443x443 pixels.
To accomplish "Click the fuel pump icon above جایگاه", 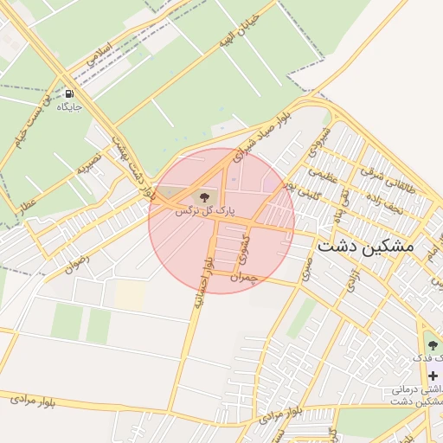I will click(68, 93).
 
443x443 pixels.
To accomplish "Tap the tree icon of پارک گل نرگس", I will click(205, 198).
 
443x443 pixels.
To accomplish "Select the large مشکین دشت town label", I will click(366, 246).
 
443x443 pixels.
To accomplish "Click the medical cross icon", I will click(432, 376).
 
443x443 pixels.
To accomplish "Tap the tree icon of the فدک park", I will click(433, 346).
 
